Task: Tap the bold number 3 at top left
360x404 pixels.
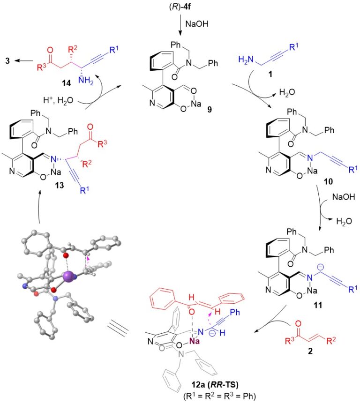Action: point(8,60)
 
